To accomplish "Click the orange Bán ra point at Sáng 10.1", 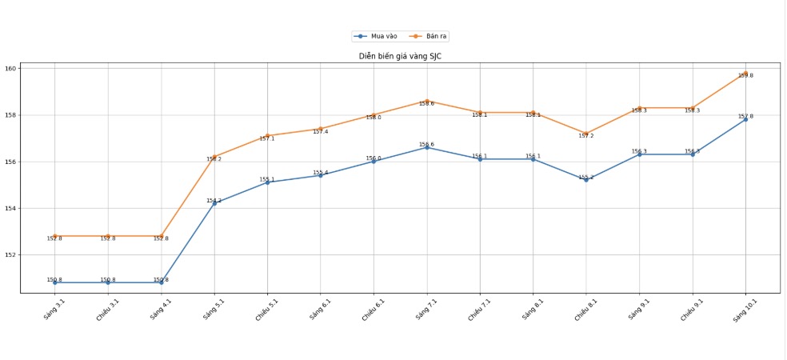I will [745, 73].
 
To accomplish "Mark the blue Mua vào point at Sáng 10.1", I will [745, 119].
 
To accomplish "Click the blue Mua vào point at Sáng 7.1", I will [427, 147].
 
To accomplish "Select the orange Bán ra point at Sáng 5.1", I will [214, 157].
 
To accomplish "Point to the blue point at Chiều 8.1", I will [586, 179].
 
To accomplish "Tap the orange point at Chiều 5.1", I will [267, 136].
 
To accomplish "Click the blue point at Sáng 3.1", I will [55, 282].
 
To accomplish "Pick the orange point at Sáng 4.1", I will [162, 236].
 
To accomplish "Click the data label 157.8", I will [745, 116].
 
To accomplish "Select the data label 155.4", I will [320, 172].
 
